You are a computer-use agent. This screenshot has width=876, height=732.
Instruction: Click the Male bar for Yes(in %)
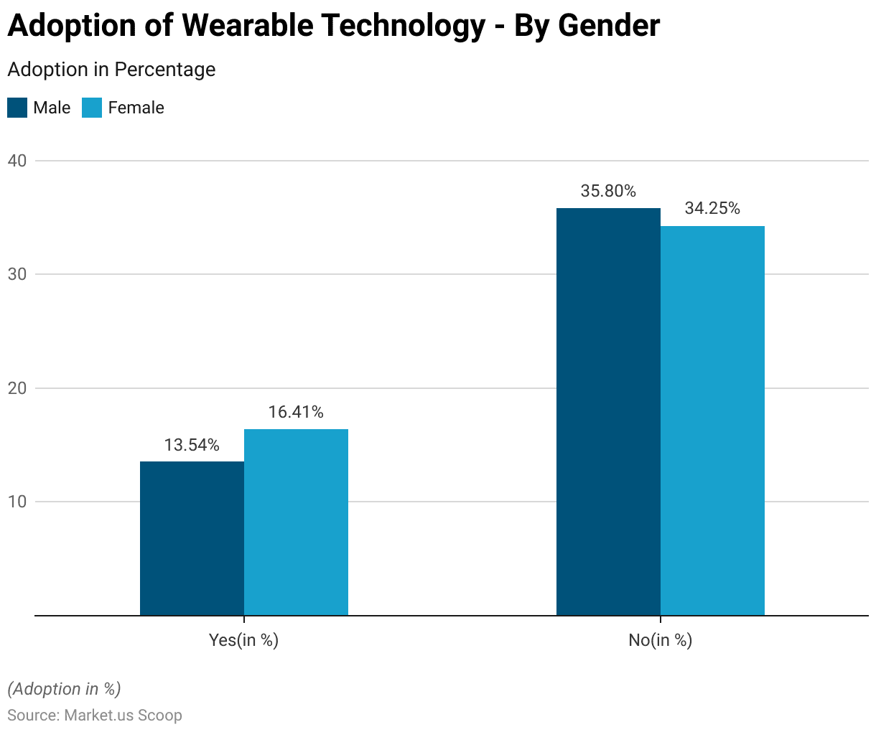(192, 538)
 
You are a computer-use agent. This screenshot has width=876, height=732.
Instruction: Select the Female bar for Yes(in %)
(296, 522)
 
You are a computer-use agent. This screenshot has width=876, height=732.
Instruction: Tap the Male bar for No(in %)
(608, 412)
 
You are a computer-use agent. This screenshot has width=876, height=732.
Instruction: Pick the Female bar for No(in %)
(712, 421)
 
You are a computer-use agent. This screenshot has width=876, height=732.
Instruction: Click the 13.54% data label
(192, 446)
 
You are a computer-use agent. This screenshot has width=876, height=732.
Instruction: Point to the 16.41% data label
(296, 413)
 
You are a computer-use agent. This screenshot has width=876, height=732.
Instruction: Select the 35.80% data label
(608, 192)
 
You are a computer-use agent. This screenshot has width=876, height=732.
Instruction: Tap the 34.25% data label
(712, 209)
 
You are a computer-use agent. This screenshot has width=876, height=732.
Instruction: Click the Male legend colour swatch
(17, 108)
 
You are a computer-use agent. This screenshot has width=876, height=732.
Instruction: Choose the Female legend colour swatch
(92, 108)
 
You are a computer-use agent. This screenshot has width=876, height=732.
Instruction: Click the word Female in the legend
(136, 108)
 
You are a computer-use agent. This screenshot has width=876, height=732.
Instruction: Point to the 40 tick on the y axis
(17, 161)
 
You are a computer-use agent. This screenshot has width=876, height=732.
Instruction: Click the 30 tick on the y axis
(17, 274)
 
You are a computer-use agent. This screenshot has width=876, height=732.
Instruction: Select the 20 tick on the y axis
(17, 388)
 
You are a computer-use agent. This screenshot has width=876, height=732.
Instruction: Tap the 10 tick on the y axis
(17, 502)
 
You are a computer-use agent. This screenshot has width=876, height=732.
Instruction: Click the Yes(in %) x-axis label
(243, 640)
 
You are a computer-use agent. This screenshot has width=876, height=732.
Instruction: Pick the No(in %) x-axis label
(660, 640)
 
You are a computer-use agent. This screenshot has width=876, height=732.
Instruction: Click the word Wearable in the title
(248, 26)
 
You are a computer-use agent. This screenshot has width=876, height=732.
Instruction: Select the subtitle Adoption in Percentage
(111, 70)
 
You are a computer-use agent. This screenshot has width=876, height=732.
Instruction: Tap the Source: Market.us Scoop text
(95, 715)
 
